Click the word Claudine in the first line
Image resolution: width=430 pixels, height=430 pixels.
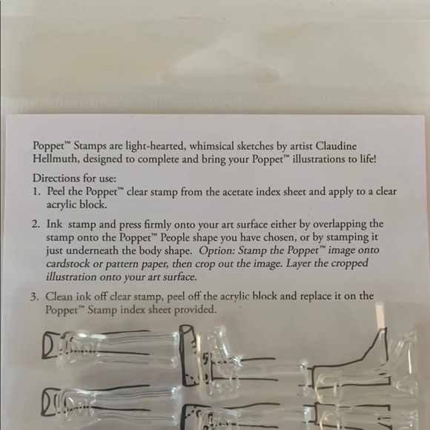[336, 145]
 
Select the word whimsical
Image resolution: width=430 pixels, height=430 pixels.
[211, 145]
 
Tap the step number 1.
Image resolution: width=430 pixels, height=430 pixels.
[36, 191]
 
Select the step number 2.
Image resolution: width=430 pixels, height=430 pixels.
[36, 224]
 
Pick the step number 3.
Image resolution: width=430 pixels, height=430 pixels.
[34, 297]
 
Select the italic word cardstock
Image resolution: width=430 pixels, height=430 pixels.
[67, 263]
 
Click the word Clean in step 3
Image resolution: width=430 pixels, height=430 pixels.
[59, 297]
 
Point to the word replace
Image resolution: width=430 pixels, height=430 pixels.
[315, 297]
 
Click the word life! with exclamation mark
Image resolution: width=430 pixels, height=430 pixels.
[368, 159]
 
